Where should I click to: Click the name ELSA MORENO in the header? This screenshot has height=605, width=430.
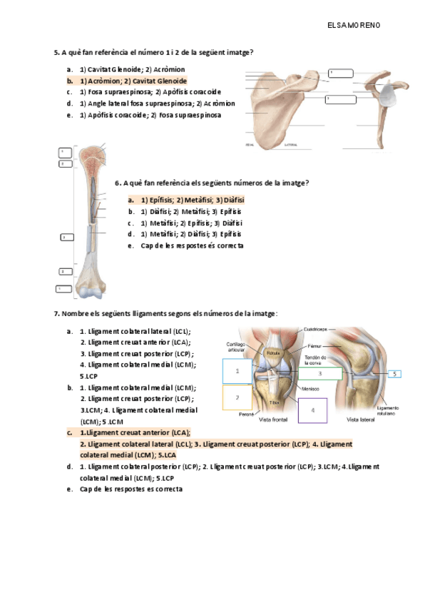(354, 25)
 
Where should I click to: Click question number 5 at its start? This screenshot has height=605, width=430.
(56, 52)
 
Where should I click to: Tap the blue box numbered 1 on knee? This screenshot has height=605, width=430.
(237, 372)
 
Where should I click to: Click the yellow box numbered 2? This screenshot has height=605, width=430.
(237, 397)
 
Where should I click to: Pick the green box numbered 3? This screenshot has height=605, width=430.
(320, 373)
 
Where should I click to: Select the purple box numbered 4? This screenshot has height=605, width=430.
(312, 410)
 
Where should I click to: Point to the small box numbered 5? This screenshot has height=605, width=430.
(394, 373)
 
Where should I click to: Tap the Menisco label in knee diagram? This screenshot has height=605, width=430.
(309, 389)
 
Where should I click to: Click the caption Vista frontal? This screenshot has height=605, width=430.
(274, 420)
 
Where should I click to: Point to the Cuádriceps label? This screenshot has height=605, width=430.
(315, 329)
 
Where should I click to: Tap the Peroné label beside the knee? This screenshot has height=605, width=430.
(247, 413)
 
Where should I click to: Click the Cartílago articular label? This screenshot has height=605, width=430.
(236, 346)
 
